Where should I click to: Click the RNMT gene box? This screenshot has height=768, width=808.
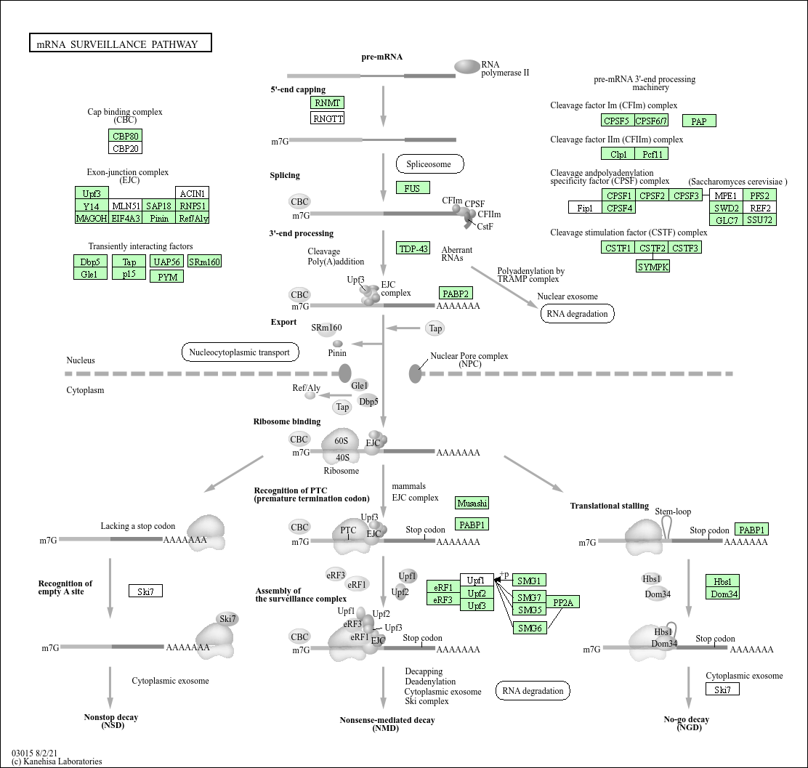pos(327,102)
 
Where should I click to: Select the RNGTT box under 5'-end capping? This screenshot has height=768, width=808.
pos(327,118)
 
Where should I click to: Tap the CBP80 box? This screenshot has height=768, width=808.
pos(125,136)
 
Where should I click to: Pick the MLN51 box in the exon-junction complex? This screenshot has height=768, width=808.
pos(126,206)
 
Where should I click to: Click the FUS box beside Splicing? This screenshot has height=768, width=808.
pos(413,187)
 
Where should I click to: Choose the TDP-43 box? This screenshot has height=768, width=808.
pos(413,248)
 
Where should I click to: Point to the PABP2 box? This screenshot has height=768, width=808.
pos(456,294)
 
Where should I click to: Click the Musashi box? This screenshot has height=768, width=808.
pos(472,503)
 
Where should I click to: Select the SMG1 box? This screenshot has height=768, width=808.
pos(529,581)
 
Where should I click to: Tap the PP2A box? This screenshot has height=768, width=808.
pos(562,602)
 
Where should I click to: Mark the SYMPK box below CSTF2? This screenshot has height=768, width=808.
pos(653,267)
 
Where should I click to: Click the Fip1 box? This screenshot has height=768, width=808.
pos(585,208)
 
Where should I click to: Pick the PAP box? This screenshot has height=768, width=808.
pos(699,121)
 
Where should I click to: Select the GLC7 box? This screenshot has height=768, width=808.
pos(727,219)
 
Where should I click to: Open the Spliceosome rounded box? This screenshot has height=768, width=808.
pos(429,164)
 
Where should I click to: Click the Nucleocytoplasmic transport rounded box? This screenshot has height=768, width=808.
pos(240,352)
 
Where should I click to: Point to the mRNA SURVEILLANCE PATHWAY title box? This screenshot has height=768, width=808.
pos(121,44)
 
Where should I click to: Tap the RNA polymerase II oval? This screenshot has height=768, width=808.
pos(467,67)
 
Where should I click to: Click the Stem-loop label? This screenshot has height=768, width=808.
pos(673,512)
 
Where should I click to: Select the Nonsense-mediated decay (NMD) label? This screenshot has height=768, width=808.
pos(387,724)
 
